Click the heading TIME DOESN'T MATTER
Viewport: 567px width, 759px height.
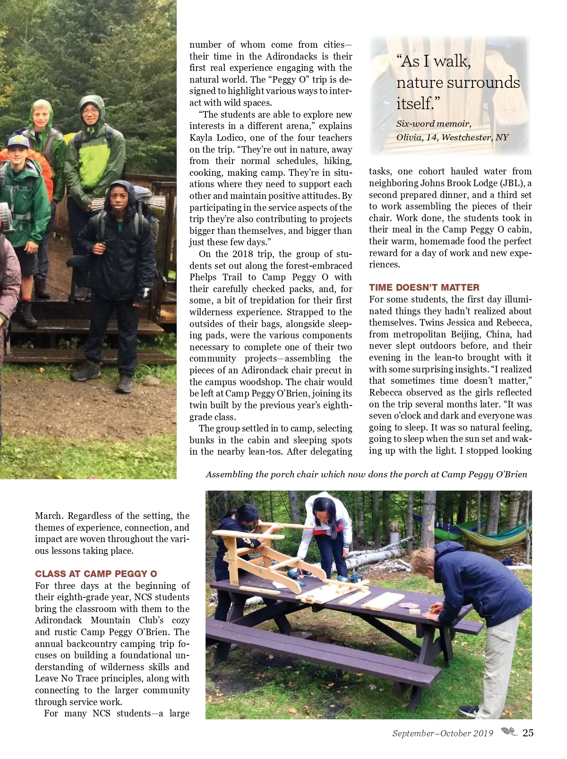[x=424, y=287]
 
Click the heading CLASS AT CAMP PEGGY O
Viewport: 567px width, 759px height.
[x=96, y=574]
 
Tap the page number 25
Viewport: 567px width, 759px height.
[x=528, y=733]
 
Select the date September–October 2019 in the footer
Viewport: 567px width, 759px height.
[x=442, y=733]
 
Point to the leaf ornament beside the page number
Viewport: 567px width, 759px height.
[x=509, y=732]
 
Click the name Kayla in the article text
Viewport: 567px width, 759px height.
[x=201, y=138]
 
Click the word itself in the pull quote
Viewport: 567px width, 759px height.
[x=414, y=103]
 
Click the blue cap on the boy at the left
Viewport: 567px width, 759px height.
[x=18, y=140]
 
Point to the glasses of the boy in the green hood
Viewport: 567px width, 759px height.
[x=90, y=112]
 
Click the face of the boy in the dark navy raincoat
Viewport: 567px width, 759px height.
[x=120, y=198]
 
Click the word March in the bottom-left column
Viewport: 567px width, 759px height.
[x=49, y=516]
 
